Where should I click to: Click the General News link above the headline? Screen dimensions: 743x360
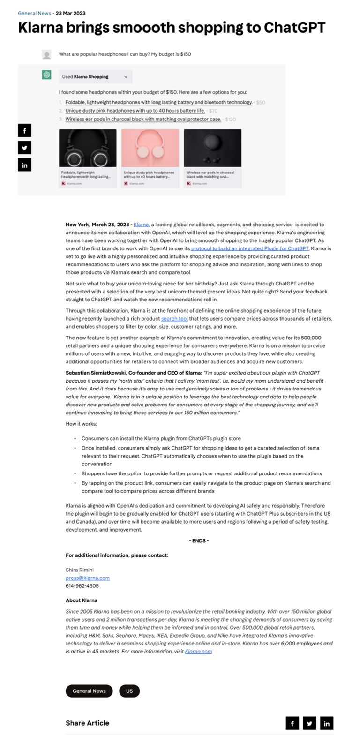(x=34, y=13)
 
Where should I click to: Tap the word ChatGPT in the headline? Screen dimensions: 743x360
(x=294, y=28)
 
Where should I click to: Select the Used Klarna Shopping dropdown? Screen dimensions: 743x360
(x=95, y=77)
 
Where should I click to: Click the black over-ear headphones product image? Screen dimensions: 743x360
(x=88, y=148)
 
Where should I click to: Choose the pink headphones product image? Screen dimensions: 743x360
(x=150, y=148)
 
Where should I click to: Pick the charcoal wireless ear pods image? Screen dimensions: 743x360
(x=212, y=148)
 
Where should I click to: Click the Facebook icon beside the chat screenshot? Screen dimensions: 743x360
(x=24, y=131)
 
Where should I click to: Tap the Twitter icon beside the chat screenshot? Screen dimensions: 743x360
(x=24, y=148)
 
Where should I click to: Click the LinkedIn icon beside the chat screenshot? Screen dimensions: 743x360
(x=24, y=165)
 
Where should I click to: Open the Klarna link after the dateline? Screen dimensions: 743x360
(x=141, y=225)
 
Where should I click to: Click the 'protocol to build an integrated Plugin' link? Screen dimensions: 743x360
(x=250, y=248)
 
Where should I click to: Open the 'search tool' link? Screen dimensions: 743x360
(x=174, y=319)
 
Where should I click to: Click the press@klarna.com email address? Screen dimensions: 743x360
(x=88, y=578)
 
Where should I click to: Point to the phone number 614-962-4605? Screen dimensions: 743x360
(x=82, y=586)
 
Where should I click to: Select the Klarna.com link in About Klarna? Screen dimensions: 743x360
(x=198, y=651)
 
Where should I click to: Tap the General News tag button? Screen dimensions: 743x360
(x=89, y=691)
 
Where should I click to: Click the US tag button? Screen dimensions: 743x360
(x=129, y=691)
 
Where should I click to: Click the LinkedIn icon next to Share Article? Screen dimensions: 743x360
(x=327, y=723)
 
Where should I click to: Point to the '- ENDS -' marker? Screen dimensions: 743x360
(x=199, y=541)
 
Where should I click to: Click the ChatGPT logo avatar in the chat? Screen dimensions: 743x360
(x=46, y=75)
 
